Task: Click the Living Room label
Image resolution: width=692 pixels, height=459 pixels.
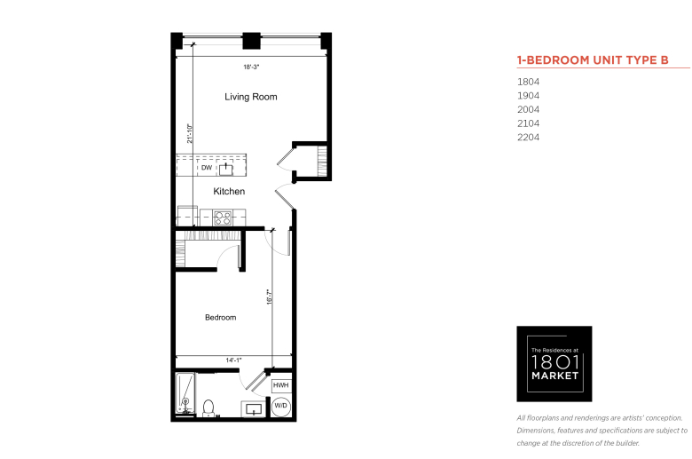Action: pyautogui.click(x=251, y=97)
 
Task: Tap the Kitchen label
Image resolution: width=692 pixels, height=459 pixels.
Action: pyautogui.click(x=229, y=191)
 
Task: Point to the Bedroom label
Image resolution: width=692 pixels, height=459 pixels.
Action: pyautogui.click(x=221, y=317)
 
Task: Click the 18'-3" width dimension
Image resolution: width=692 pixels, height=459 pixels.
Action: pyautogui.click(x=251, y=67)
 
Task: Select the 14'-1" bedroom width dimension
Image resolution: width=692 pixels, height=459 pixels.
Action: pyautogui.click(x=233, y=360)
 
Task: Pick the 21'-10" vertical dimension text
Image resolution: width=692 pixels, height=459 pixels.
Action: pyautogui.click(x=190, y=133)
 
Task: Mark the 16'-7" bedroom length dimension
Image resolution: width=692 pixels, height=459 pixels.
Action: pyautogui.click(x=269, y=297)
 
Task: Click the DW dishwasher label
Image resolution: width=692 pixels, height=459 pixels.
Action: pyautogui.click(x=207, y=168)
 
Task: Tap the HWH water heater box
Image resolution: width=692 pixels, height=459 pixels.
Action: pyautogui.click(x=280, y=385)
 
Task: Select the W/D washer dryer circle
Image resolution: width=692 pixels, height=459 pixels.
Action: pyautogui.click(x=280, y=406)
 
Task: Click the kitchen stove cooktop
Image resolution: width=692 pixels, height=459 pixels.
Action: pyautogui.click(x=223, y=218)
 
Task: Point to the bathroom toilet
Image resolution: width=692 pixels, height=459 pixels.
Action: pyautogui.click(x=208, y=408)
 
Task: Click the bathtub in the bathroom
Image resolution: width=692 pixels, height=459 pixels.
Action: pyautogui.click(x=185, y=393)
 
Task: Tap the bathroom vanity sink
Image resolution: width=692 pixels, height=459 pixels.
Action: pyautogui.click(x=255, y=408)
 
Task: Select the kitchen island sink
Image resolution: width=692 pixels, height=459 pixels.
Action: pyautogui.click(x=226, y=170)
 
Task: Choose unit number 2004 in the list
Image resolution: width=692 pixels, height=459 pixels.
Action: pyautogui.click(x=528, y=109)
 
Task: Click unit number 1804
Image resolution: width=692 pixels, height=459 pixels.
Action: pyautogui.click(x=528, y=82)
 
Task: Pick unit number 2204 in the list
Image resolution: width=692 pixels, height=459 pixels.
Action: pyautogui.click(x=528, y=138)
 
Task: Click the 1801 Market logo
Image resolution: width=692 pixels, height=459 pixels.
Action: pyautogui.click(x=554, y=364)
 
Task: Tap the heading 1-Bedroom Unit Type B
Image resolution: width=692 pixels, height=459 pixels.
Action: pyautogui.click(x=593, y=60)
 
